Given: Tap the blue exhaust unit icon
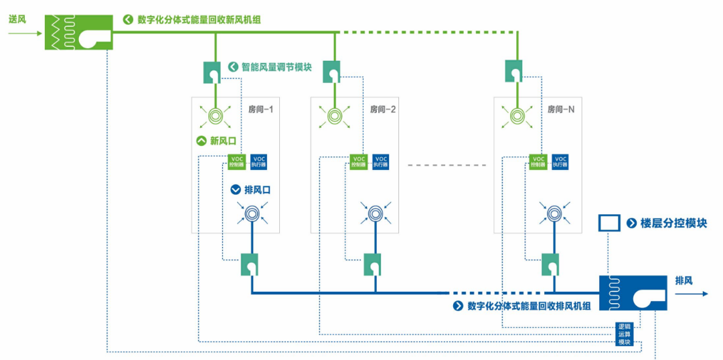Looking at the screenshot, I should [x=633, y=292].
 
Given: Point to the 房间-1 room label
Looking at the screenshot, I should [x=260, y=108].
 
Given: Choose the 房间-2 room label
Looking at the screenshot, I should [x=383, y=108].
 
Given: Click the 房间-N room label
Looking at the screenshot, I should [x=561, y=108].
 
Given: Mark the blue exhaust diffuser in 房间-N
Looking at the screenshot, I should [x=554, y=213].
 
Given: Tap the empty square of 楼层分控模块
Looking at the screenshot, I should [x=609, y=223].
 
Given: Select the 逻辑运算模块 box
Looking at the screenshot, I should [x=624, y=334].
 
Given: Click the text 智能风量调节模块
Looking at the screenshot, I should [x=276, y=67].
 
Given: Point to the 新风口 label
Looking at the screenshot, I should [x=223, y=141].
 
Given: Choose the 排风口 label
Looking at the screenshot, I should [x=258, y=189].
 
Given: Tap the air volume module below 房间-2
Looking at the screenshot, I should [x=372, y=264].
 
